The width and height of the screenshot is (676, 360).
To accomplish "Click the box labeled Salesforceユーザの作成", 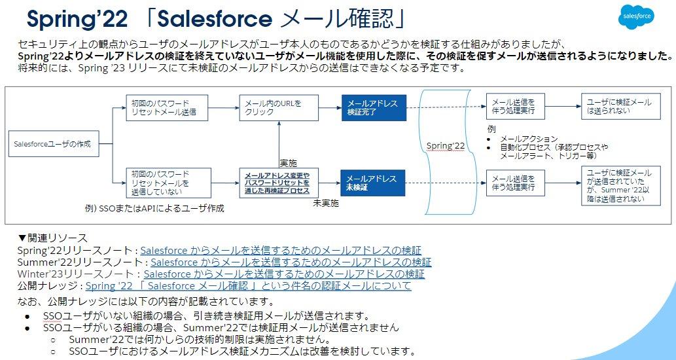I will [x=52, y=143].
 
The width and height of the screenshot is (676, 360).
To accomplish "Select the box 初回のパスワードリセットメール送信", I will [x=167, y=108].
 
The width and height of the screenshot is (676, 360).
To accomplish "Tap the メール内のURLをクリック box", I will [x=277, y=108].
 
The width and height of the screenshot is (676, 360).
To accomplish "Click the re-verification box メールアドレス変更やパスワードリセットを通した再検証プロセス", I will [x=277, y=183].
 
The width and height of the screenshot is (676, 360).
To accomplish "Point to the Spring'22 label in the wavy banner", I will [x=445, y=145].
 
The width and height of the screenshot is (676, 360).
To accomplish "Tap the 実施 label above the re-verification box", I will [x=289, y=162].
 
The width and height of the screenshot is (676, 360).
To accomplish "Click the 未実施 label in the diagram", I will [x=326, y=204].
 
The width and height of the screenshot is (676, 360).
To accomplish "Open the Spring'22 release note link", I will [x=281, y=250].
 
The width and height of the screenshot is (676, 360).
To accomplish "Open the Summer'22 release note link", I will [x=291, y=262].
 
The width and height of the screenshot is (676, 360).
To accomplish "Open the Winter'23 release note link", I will [x=284, y=274].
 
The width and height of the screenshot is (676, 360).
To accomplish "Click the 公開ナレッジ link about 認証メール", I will [x=248, y=286].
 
